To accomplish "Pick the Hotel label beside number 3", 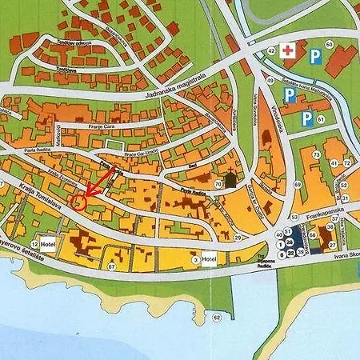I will coord(210,259).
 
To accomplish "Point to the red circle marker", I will coord(78,201).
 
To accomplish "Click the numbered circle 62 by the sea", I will coord(216,318).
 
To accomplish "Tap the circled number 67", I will coord(112,266).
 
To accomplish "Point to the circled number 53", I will coord(294,216).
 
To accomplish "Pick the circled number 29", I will coord(238,238).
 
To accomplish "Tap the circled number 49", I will coord(271,81).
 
